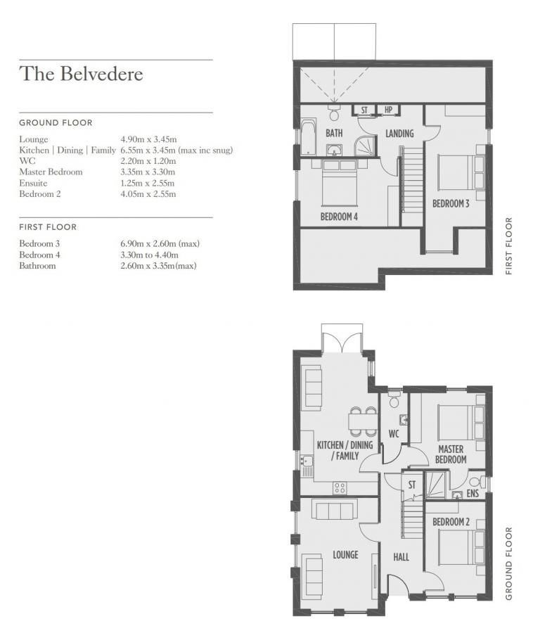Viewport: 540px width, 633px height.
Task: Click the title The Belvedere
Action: (x=81, y=74)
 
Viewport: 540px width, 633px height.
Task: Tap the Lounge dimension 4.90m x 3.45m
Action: (x=148, y=139)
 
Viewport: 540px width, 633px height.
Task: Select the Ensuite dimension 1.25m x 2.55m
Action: (x=148, y=183)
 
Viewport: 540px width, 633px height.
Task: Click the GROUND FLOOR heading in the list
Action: (x=56, y=122)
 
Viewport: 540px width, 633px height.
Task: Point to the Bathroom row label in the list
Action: (x=37, y=266)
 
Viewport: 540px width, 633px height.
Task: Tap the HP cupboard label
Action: (x=388, y=110)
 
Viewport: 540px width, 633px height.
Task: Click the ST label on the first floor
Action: (x=364, y=110)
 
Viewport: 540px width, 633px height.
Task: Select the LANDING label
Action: (x=399, y=134)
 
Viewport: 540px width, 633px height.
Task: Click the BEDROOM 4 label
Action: (x=339, y=217)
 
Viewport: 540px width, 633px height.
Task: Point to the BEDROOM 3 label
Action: (x=451, y=204)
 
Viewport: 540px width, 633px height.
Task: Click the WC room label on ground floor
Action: (x=394, y=433)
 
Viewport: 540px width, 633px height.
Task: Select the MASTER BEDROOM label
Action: (x=451, y=454)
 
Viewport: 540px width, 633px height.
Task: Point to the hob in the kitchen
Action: (x=340, y=487)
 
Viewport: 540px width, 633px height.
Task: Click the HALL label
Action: (x=401, y=557)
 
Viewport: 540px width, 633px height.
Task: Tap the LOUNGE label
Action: (x=345, y=555)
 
